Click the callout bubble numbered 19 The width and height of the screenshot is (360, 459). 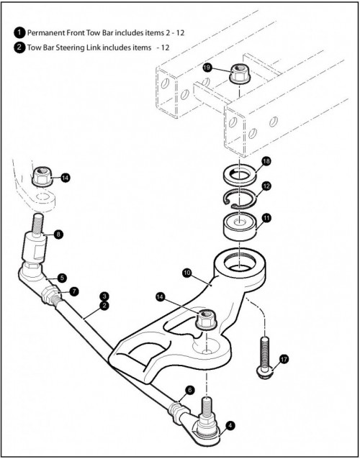207,68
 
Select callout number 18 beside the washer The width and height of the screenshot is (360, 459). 266,162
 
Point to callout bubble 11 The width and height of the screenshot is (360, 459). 267,219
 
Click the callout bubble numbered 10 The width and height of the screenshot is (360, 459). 186,273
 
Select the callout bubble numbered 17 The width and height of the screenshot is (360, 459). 284,359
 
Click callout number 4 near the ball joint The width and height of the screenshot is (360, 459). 231,426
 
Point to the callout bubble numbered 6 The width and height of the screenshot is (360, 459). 190,390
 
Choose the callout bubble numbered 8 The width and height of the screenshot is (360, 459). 58,235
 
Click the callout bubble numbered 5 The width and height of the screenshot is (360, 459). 62,278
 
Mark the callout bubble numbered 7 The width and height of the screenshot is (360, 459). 74,291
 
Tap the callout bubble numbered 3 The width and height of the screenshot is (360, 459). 104,296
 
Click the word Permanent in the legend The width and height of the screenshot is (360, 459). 42,33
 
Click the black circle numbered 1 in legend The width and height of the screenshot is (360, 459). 19,32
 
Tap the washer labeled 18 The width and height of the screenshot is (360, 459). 239,176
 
